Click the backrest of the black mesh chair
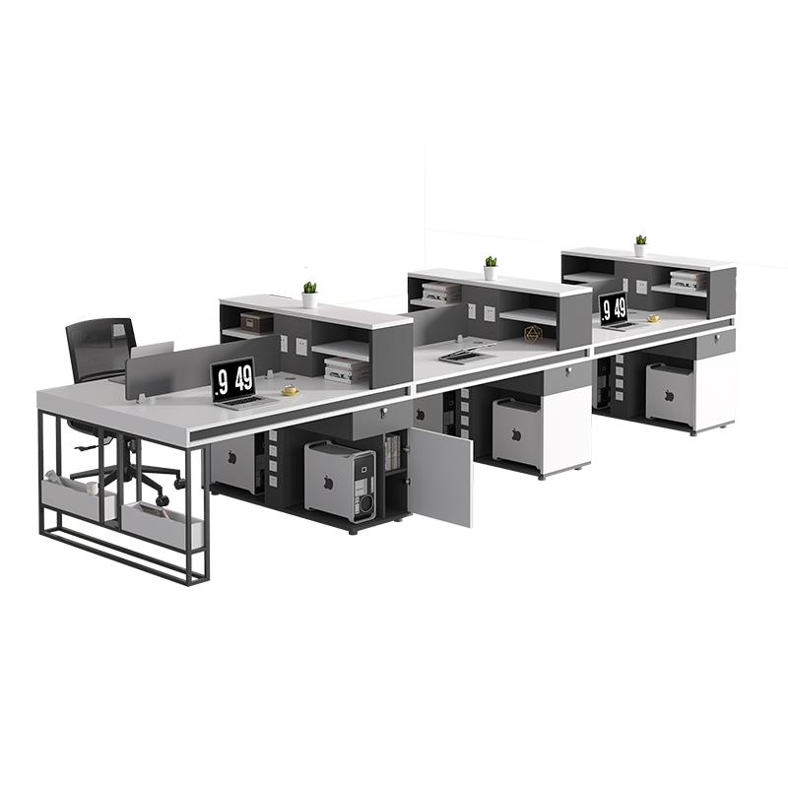100,347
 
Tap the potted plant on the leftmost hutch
309,295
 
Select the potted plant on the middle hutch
491,268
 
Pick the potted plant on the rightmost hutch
640,245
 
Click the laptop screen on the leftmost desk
232,379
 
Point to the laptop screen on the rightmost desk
614,307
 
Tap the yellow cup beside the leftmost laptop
290,390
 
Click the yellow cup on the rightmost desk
653,317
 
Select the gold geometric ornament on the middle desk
532,335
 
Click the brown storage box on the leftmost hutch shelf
257,323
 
